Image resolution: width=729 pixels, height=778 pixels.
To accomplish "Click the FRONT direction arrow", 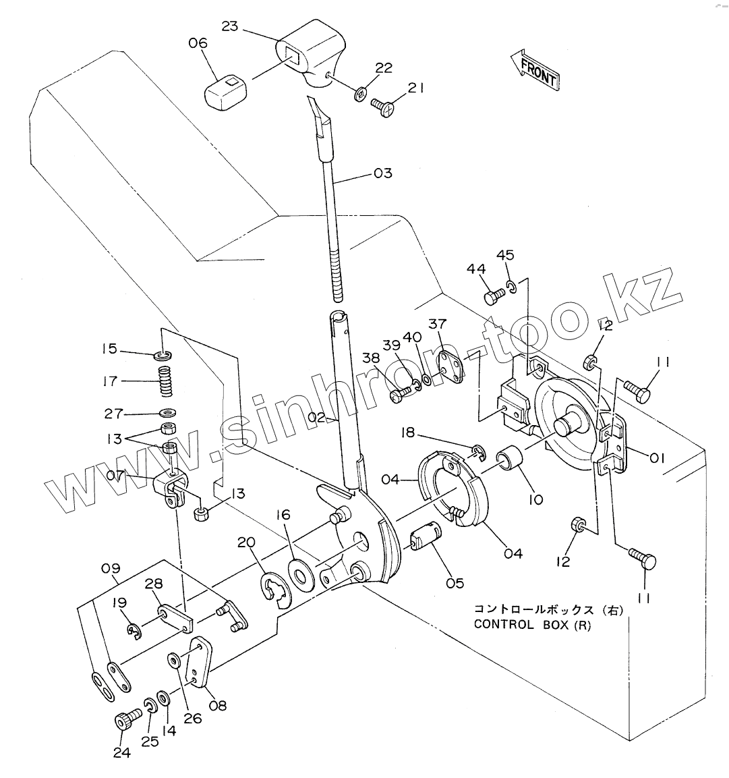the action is pyautogui.click(x=535, y=70).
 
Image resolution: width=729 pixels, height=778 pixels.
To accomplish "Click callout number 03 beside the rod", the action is pyautogui.click(x=383, y=173).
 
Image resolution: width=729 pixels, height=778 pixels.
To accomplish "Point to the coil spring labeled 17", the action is pyautogui.click(x=166, y=381).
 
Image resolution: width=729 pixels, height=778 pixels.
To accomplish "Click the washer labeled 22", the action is pyautogui.click(x=361, y=93).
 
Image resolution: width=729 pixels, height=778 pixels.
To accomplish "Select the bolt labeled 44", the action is pyautogui.click(x=494, y=296).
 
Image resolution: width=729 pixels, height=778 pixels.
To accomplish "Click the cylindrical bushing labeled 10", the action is pyautogui.click(x=511, y=458).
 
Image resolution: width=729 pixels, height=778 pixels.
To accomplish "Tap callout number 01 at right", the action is pyautogui.click(x=657, y=457).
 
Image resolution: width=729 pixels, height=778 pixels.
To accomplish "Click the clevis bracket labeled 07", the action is pyautogui.click(x=169, y=489).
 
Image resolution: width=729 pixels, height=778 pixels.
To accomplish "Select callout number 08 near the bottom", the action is pyautogui.click(x=218, y=705).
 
